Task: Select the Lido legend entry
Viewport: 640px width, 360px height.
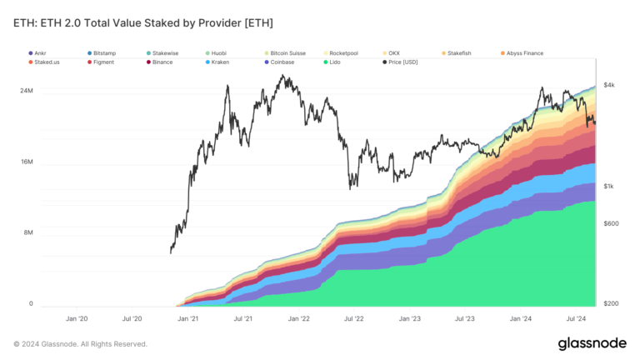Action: [334, 62]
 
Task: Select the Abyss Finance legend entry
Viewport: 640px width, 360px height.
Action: [524, 52]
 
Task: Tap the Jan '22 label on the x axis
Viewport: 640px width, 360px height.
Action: [298, 318]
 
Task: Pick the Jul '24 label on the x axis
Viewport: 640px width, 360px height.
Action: [576, 318]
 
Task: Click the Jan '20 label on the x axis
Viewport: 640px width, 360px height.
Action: [77, 318]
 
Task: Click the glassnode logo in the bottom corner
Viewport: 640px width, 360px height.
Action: [592, 343]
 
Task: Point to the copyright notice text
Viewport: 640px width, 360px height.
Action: [80, 343]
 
